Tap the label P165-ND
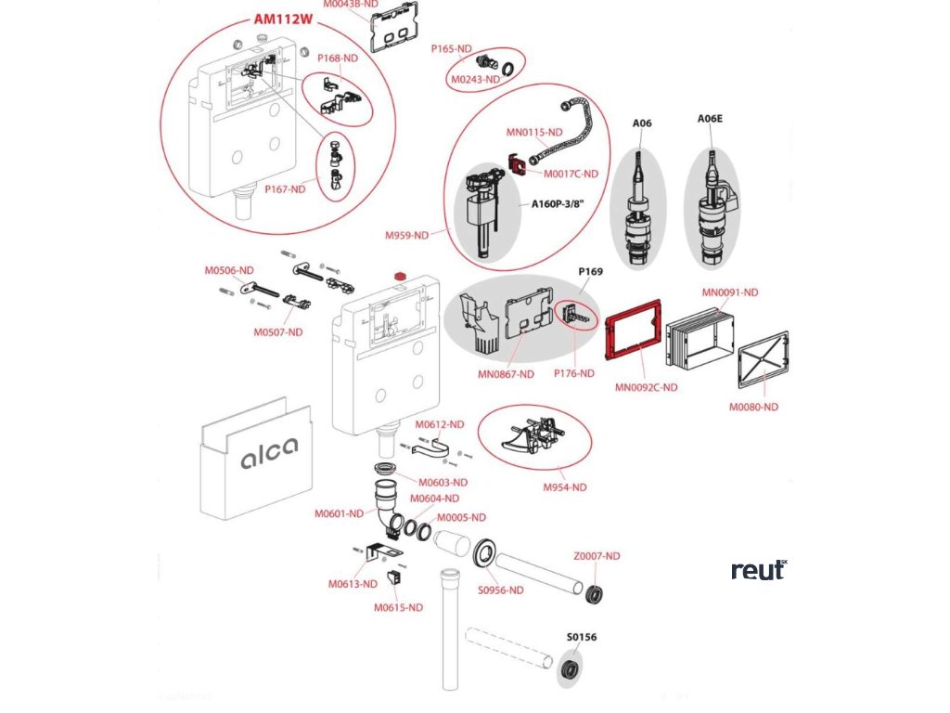452,48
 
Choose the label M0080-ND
752,407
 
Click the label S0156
582,638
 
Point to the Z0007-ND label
596,556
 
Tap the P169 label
591,272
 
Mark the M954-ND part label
565,486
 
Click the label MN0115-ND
534,132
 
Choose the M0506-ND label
229,270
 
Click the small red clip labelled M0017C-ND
515,163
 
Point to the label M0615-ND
398,607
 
